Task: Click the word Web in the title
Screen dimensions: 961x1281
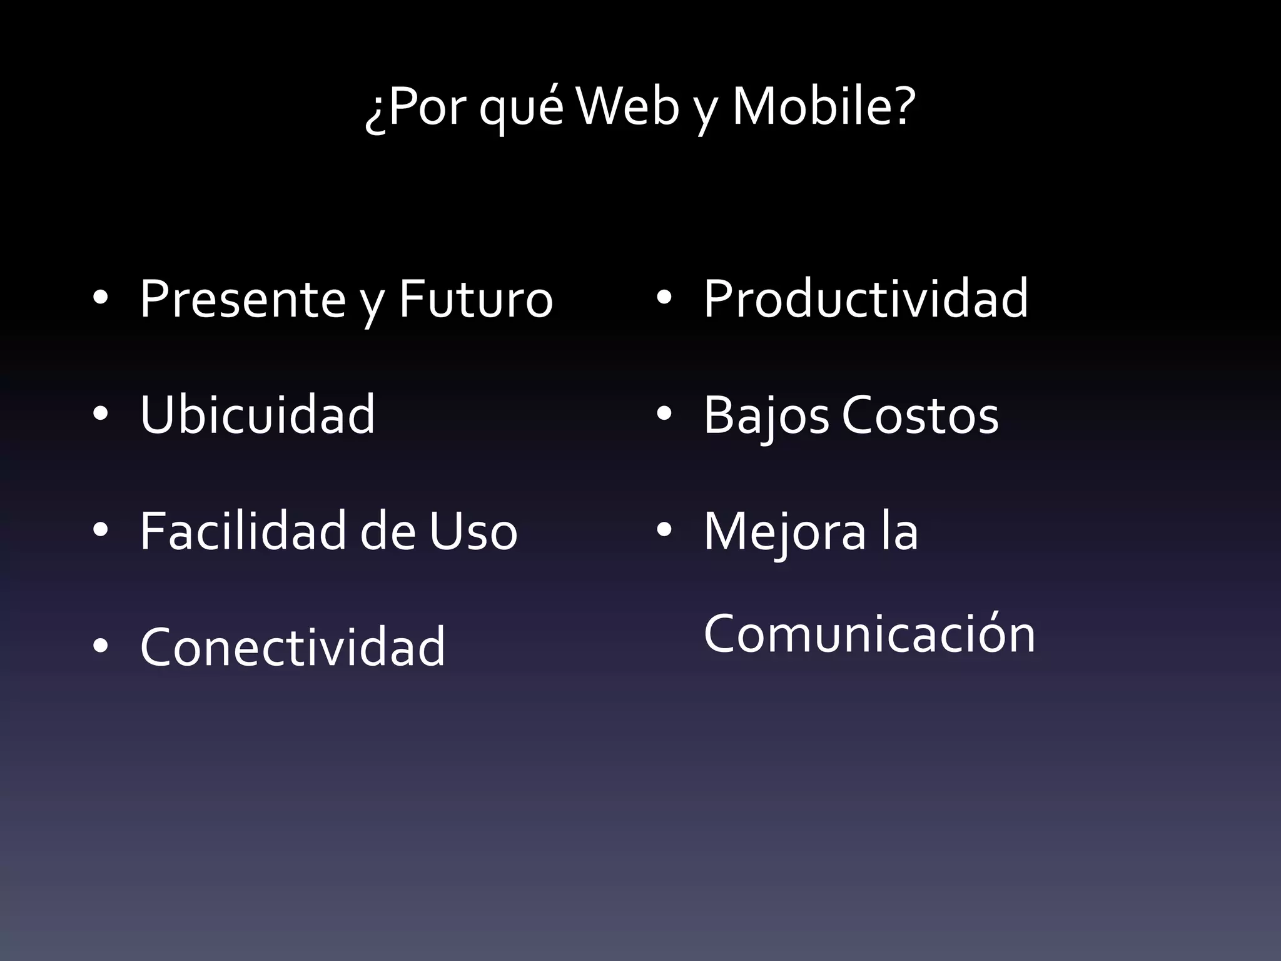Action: (627, 106)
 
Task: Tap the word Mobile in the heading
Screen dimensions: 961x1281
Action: (813, 106)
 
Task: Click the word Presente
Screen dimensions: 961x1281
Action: (243, 299)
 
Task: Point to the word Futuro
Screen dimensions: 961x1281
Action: (476, 299)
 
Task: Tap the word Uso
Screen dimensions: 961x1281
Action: (473, 531)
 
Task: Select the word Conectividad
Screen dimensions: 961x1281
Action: (293, 647)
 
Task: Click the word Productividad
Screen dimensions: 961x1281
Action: (866, 298)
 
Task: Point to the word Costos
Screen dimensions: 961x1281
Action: (920, 415)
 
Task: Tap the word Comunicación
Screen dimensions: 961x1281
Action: (869, 634)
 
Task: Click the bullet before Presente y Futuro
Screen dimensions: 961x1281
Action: (100, 298)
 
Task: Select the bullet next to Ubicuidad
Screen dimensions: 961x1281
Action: (100, 414)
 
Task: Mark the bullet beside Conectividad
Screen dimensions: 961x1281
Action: (100, 646)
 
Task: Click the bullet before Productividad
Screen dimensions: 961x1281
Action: (664, 298)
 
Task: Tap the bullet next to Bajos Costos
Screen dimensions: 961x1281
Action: (664, 414)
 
